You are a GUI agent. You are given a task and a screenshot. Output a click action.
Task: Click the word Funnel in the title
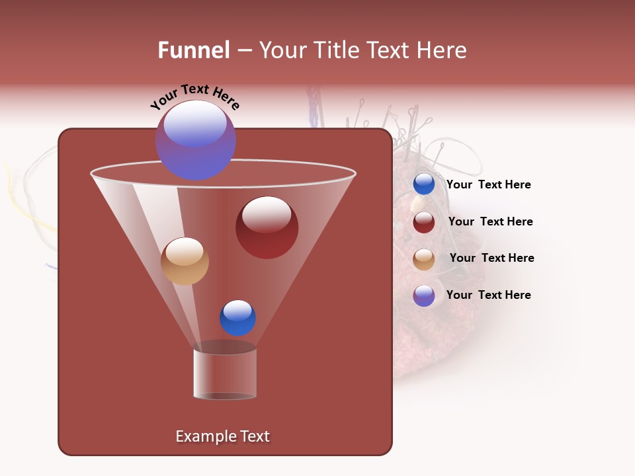click(193, 50)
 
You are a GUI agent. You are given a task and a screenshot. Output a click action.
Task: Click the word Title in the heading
click(335, 50)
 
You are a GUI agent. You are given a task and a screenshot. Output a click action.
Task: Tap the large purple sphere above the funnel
click(195, 140)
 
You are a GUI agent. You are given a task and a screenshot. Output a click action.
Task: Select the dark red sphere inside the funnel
click(267, 227)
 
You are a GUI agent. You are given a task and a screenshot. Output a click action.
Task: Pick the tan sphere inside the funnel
click(185, 261)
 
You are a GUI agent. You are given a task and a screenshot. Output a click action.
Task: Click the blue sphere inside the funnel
click(237, 318)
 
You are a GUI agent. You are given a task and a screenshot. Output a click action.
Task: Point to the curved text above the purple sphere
click(195, 97)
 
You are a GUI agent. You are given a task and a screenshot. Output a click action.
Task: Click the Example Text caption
click(222, 436)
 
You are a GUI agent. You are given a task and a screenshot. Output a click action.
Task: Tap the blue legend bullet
click(424, 184)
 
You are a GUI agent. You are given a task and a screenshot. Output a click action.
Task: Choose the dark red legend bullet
click(424, 222)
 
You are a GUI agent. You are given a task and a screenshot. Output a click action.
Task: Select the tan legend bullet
click(424, 258)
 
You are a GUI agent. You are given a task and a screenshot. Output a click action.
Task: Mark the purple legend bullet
click(424, 296)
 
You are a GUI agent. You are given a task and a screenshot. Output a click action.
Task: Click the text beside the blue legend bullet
click(488, 184)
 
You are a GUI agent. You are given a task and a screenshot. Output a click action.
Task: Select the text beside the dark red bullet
click(490, 221)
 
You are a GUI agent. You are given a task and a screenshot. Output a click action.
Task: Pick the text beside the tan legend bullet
click(491, 258)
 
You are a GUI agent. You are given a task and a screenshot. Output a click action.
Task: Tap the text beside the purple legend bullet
click(488, 295)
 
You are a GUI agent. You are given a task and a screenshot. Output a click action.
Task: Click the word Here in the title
click(443, 50)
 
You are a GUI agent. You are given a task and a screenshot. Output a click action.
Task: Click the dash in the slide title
click(243, 50)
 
